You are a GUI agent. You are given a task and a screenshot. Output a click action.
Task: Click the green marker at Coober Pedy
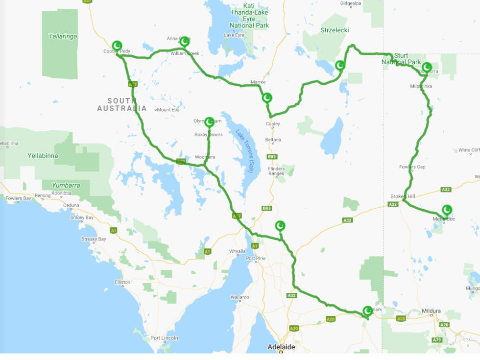[117, 46]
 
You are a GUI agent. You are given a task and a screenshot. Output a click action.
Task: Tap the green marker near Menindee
[447, 210]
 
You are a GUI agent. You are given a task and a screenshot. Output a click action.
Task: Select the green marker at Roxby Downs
[210, 121]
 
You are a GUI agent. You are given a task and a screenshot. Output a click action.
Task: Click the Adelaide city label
[281, 347]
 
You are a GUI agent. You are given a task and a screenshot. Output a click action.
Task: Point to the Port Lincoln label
[164, 338]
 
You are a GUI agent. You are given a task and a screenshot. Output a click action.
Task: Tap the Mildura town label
[431, 311]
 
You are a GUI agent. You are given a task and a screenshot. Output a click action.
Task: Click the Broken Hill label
[403, 196]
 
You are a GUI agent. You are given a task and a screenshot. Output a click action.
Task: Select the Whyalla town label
[237, 251]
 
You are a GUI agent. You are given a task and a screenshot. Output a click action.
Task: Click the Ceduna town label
[72, 205]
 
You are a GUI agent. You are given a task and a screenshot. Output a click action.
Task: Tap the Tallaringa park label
[63, 36]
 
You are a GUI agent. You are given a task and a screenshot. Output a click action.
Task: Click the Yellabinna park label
[43, 156]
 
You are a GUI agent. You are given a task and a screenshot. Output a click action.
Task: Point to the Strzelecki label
[335, 30]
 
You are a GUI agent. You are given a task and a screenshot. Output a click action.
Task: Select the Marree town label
[258, 82]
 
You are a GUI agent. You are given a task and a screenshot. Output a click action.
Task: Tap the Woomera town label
[205, 157]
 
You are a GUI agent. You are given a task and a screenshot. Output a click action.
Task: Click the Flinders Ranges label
[276, 171]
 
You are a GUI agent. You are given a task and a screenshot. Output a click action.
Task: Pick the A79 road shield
[436, 340]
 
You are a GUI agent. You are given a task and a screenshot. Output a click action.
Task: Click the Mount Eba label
[167, 110]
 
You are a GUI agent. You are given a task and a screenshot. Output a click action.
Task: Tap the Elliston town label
[122, 282]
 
